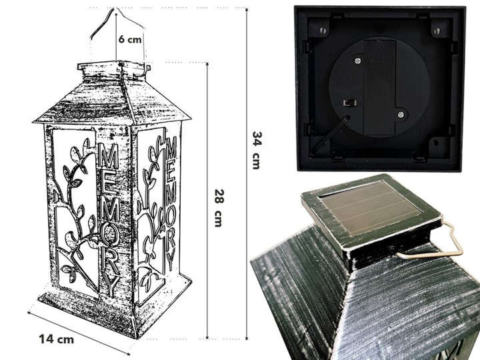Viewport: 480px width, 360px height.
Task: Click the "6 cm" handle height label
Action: point(130,39)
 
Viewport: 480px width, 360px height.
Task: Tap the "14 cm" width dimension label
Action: point(56,339)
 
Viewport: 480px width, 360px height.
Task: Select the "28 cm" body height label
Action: point(219,208)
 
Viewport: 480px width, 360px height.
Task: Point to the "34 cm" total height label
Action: point(257,150)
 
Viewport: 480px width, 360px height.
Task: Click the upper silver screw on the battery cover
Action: point(357,61)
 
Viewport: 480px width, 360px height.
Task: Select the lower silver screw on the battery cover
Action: point(401,115)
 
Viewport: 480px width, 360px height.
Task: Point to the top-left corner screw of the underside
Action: point(323,30)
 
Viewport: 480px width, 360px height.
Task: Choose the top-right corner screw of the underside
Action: point(438,31)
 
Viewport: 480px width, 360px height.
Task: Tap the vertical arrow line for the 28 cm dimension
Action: point(207,201)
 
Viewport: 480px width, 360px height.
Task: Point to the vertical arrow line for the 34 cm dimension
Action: point(247,174)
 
